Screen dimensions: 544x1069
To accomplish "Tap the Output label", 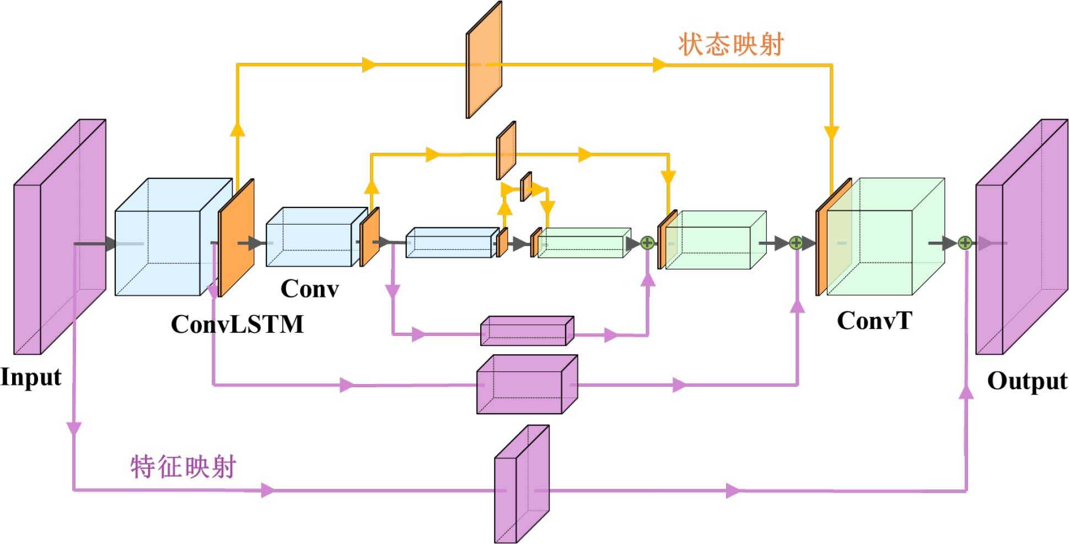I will point(1027,381).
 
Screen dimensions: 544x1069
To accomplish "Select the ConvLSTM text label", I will point(237,324).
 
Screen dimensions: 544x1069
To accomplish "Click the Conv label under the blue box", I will point(309,289).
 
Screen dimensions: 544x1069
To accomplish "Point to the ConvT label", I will point(874,321).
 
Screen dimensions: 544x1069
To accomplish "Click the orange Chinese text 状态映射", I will point(730,44).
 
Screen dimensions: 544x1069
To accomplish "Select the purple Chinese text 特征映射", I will point(183,467).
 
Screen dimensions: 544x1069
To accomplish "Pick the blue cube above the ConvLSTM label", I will point(165,237).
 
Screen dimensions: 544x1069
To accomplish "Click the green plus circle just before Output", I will point(964,243).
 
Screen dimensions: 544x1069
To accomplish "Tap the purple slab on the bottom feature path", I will point(521,484).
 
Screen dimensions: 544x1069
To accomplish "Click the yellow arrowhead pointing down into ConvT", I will point(831,133).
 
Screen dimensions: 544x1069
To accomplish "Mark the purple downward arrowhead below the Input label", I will point(73,428).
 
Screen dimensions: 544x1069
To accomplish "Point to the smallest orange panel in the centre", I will point(526,186).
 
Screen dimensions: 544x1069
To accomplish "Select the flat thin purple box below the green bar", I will point(527,331).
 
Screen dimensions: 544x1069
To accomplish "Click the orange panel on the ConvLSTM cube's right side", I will point(236,237).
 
